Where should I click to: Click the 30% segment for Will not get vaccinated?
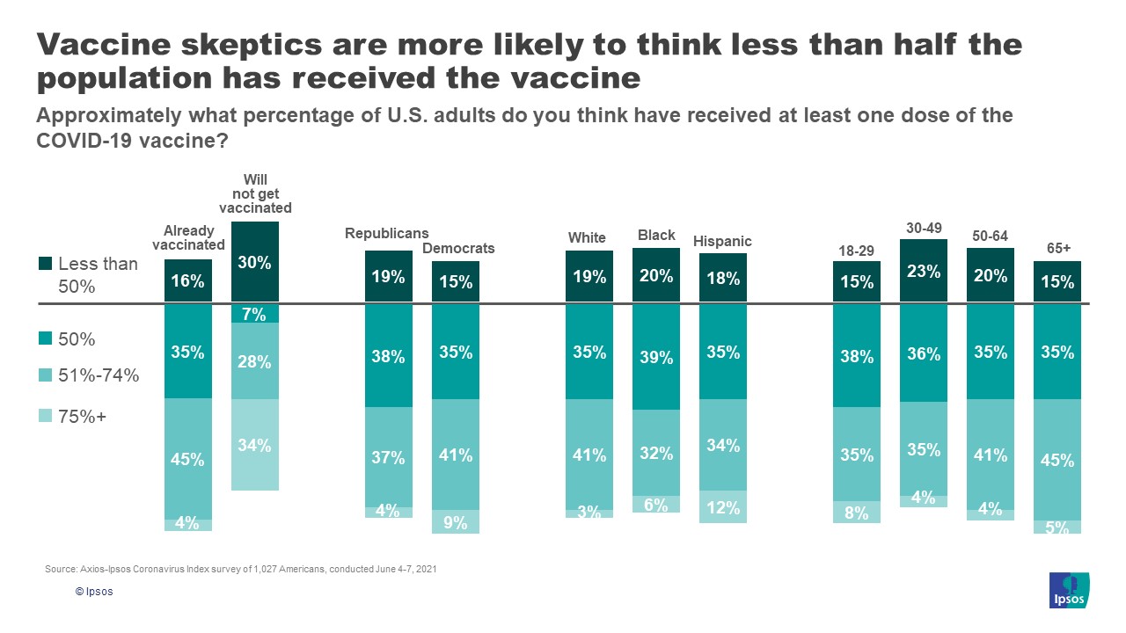click(254, 262)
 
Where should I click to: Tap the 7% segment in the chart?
click(254, 314)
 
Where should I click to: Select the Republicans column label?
click(387, 233)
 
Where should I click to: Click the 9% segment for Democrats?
click(456, 522)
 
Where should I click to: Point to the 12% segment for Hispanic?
click(723, 507)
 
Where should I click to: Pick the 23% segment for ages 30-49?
click(924, 272)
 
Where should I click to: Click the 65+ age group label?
click(1058, 249)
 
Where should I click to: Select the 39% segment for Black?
click(656, 357)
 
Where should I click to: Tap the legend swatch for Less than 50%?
click(46, 264)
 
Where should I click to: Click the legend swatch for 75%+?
click(46, 417)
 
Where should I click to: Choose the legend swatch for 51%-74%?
click(46, 375)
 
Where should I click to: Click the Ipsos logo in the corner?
click(1070, 590)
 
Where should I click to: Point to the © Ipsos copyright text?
click(94, 592)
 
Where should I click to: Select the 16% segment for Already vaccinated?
click(188, 281)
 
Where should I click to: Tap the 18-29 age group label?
click(856, 251)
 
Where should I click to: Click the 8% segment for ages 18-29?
click(857, 513)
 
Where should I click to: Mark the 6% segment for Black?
click(656, 505)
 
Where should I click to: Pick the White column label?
click(587, 237)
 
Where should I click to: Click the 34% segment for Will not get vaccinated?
click(254, 445)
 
